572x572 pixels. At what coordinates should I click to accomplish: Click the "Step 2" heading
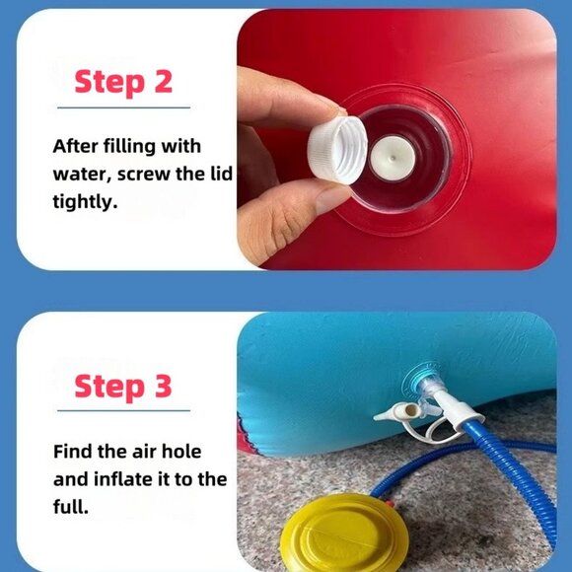click(x=123, y=82)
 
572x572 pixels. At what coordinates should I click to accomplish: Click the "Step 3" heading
click(x=123, y=387)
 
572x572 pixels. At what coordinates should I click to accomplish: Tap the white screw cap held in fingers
click(x=336, y=151)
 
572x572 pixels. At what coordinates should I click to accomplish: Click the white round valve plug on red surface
click(x=393, y=159)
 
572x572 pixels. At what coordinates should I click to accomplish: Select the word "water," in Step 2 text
click(x=83, y=174)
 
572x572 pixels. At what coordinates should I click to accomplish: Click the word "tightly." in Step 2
click(x=85, y=202)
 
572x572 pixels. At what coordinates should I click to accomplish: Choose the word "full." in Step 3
click(x=71, y=506)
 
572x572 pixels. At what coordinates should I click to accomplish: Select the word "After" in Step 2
click(x=76, y=146)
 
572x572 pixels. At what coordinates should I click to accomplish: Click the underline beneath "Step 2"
click(x=123, y=107)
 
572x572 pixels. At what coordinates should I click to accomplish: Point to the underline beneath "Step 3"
click(x=123, y=411)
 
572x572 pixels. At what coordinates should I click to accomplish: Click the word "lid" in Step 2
click(x=222, y=174)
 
